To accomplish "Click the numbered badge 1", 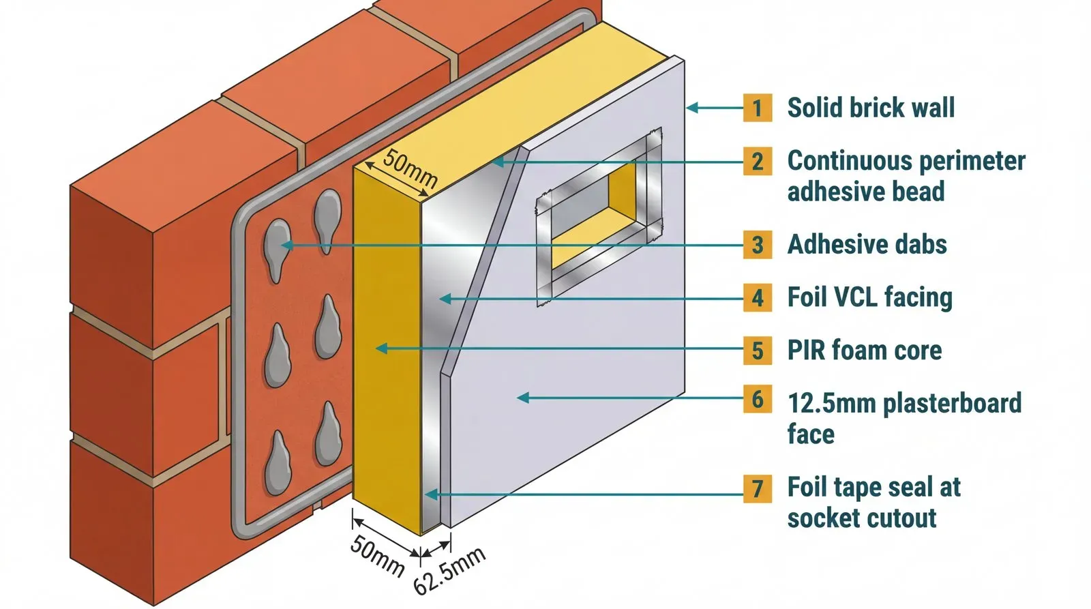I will (x=757, y=108).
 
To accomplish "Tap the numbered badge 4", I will (x=757, y=298).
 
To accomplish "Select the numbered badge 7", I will (x=757, y=489).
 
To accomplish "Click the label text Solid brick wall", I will (x=871, y=108).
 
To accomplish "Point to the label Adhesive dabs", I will (x=867, y=244).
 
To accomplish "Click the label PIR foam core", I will (x=864, y=351).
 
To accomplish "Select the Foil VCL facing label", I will (x=869, y=297).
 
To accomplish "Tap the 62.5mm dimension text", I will (x=449, y=570).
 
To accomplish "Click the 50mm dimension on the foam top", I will (x=410, y=168).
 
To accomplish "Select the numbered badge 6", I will (x=757, y=400).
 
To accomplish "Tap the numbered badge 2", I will (x=757, y=162).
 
